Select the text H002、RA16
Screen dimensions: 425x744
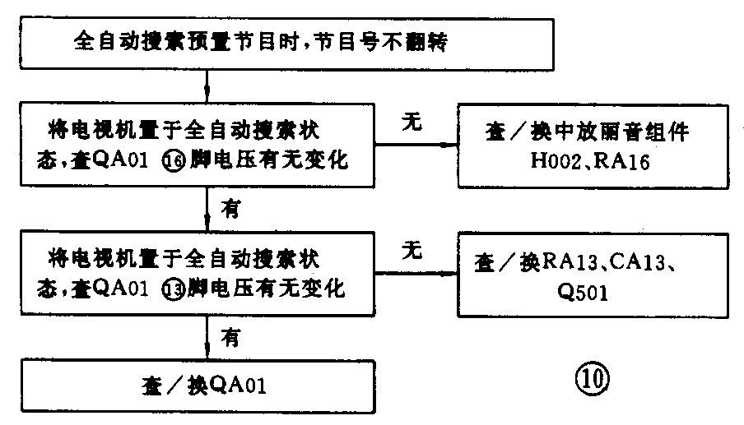590,161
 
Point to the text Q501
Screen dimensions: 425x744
581,292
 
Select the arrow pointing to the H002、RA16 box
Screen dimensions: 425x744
449,145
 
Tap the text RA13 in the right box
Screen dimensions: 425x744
565,263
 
